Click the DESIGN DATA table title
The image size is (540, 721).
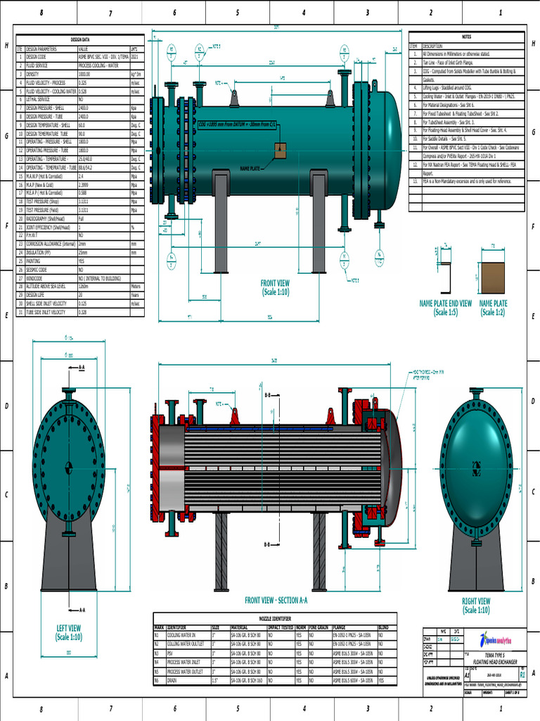point(80,39)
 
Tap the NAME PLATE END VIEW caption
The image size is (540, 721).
point(445,308)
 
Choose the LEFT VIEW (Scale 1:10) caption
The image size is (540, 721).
point(68,632)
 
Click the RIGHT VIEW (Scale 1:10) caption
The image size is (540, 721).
point(476,606)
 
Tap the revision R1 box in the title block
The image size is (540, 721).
point(522,654)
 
